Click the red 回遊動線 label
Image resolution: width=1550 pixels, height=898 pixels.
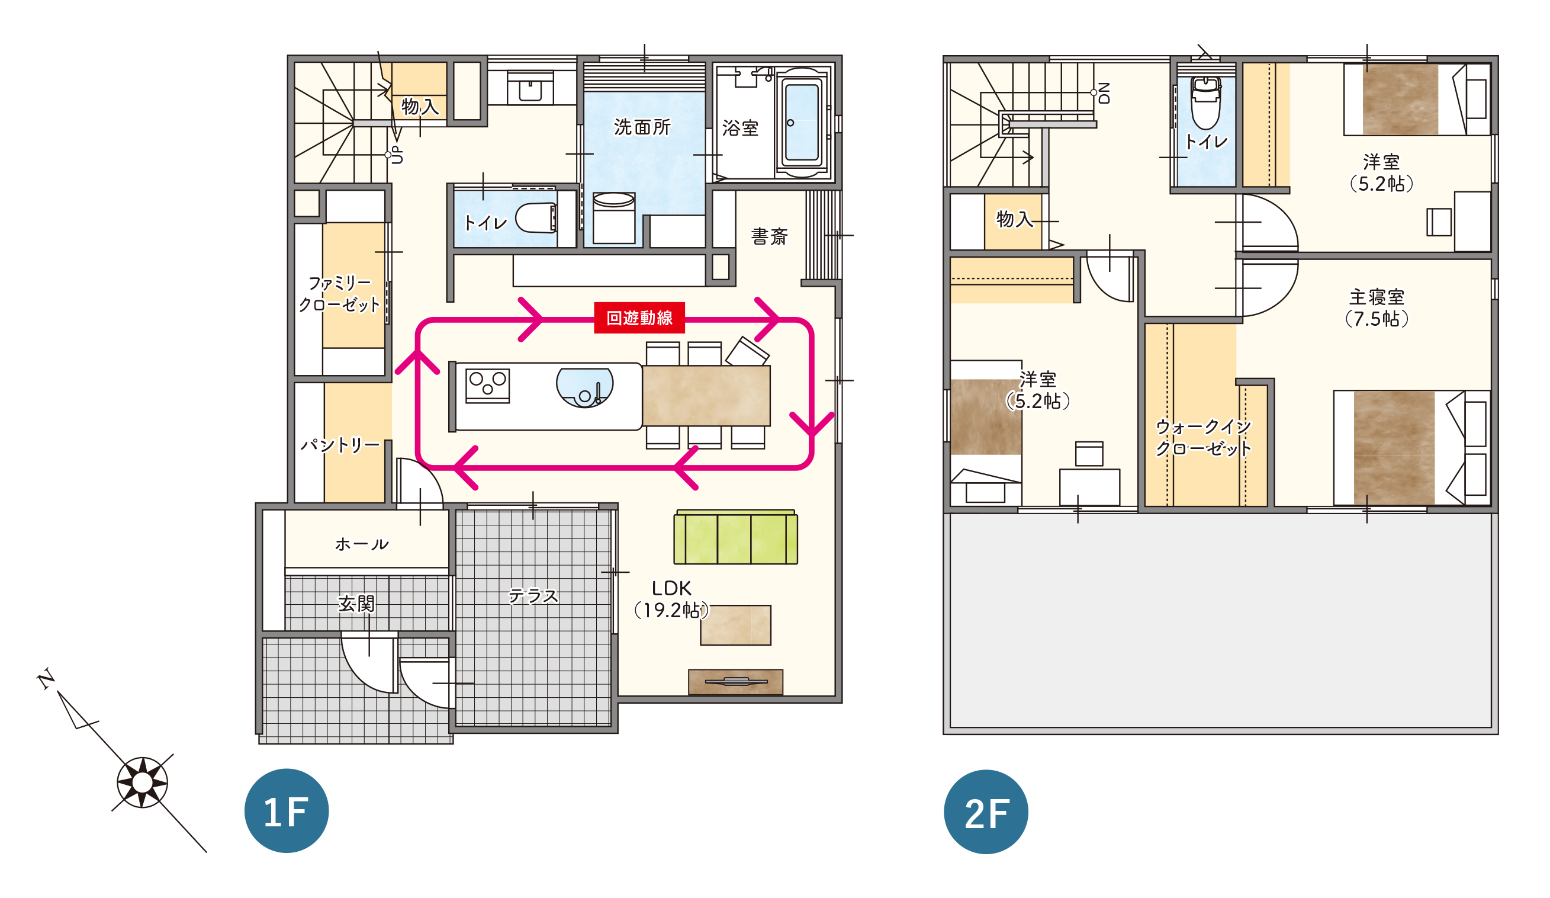click(x=639, y=317)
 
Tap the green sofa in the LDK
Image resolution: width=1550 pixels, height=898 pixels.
click(x=736, y=537)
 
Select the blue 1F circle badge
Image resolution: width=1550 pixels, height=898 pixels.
click(x=287, y=810)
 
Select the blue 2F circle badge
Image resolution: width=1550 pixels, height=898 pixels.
click(x=986, y=812)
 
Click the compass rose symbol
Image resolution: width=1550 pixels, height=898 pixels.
click(x=142, y=783)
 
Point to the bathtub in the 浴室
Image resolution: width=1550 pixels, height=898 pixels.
click(x=802, y=123)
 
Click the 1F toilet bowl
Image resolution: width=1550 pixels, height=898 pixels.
click(x=536, y=218)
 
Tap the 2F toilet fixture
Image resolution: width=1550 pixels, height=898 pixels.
click(x=1205, y=102)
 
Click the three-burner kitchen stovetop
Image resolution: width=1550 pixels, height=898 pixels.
click(x=487, y=386)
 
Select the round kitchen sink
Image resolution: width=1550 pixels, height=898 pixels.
click(x=584, y=388)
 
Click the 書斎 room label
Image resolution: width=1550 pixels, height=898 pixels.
click(x=770, y=236)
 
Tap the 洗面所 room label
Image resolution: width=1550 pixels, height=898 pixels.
click(x=642, y=127)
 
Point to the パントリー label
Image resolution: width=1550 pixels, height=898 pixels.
click(x=340, y=444)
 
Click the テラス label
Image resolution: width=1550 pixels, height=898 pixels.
click(x=533, y=596)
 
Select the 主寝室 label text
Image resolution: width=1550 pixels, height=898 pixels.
click(x=1377, y=298)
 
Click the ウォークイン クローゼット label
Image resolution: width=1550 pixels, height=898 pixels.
click(x=1203, y=438)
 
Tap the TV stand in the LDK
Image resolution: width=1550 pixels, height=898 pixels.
click(x=736, y=682)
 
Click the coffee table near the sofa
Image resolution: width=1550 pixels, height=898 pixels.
click(x=736, y=626)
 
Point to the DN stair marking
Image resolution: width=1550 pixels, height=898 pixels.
click(x=1104, y=93)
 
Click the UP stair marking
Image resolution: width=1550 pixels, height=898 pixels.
click(x=397, y=155)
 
